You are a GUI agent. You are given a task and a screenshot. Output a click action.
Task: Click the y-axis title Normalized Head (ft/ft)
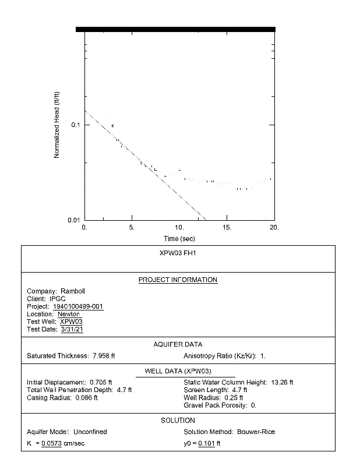[57, 125]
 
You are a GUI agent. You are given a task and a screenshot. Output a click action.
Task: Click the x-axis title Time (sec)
[179, 239]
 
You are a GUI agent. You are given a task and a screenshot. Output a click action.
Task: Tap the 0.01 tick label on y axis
[74, 220]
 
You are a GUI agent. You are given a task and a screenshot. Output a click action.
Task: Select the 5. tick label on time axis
[132, 227]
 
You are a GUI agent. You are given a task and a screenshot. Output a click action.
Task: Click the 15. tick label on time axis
[227, 227]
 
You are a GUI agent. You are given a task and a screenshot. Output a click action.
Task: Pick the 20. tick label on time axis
[274, 227]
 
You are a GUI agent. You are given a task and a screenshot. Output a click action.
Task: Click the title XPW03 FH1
[178, 254]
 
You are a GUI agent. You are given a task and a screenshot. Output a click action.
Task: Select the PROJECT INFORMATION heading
[178, 280]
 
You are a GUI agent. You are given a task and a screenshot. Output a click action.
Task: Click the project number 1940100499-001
[78, 306]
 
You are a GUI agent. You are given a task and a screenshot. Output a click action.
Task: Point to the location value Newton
[69, 314]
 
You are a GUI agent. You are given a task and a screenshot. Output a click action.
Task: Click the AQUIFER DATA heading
[178, 345]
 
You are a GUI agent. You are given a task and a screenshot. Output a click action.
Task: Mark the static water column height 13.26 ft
[283, 382]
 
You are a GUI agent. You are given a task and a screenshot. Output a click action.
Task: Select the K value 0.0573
[51, 444]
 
